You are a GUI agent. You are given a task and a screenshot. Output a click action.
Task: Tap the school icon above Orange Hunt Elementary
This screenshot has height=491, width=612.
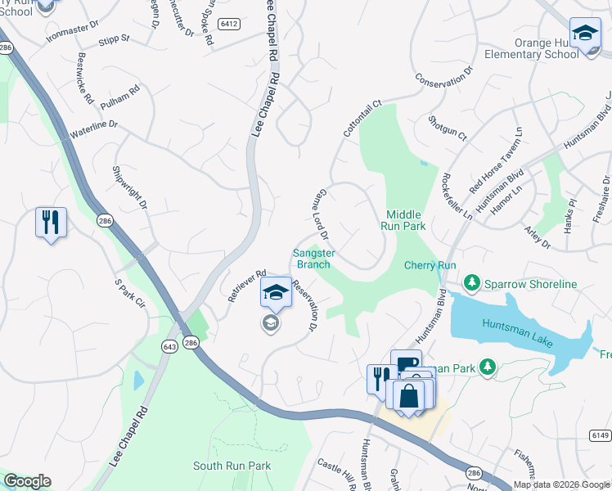click(x=585, y=34)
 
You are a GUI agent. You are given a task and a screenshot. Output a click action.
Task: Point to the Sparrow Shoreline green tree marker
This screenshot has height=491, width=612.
click(x=471, y=283)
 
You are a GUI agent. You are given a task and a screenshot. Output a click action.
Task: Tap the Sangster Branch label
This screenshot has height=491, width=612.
click(x=312, y=259)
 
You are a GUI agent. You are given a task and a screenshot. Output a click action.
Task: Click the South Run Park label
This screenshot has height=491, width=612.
click(x=232, y=466)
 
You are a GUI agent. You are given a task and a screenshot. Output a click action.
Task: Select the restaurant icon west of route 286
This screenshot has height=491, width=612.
click(x=51, y=222)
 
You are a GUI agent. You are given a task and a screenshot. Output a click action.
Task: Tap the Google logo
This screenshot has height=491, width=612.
click(x=27, y=480)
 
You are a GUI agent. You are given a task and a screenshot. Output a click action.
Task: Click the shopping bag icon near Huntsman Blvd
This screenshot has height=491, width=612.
click(x=407, y=396)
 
